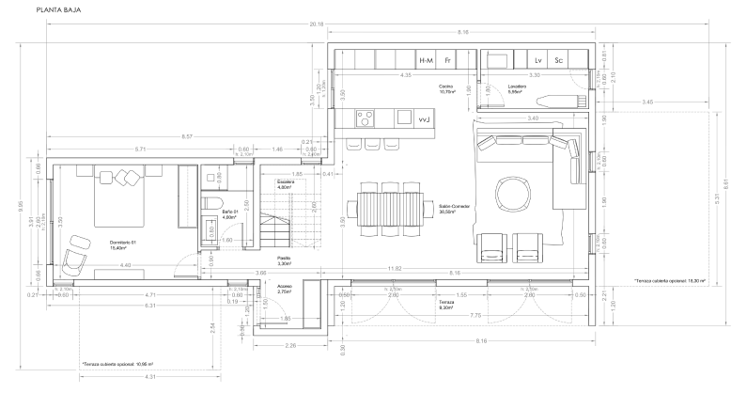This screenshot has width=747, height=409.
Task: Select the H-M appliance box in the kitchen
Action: pos(427,60)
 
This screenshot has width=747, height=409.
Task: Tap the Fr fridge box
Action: pos(449,60)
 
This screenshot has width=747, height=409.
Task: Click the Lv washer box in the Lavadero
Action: pos(538,60)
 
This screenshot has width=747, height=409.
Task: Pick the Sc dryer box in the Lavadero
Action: pos(559,60)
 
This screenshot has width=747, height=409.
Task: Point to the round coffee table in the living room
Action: pos(514,194)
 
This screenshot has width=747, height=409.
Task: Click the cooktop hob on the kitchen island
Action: pos(365,118)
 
